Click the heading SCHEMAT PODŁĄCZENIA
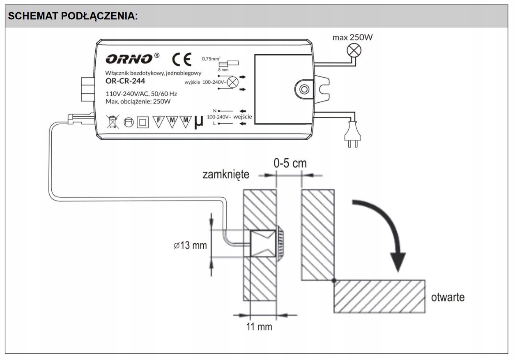[x=73, y=16]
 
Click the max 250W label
[x=353, y=38]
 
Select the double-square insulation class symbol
[x=143, y=122]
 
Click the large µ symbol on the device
[x=198, y=122]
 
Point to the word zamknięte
[x=225, y=174]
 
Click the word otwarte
[x=448, y=297]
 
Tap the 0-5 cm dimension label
[x=290, y=163]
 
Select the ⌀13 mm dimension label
[x=190, y=246]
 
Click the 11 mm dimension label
[x=259, y=327]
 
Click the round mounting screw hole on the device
[x=304, y=89]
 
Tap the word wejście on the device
[x=243, y=117]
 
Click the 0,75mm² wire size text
[x=212, y=59]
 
